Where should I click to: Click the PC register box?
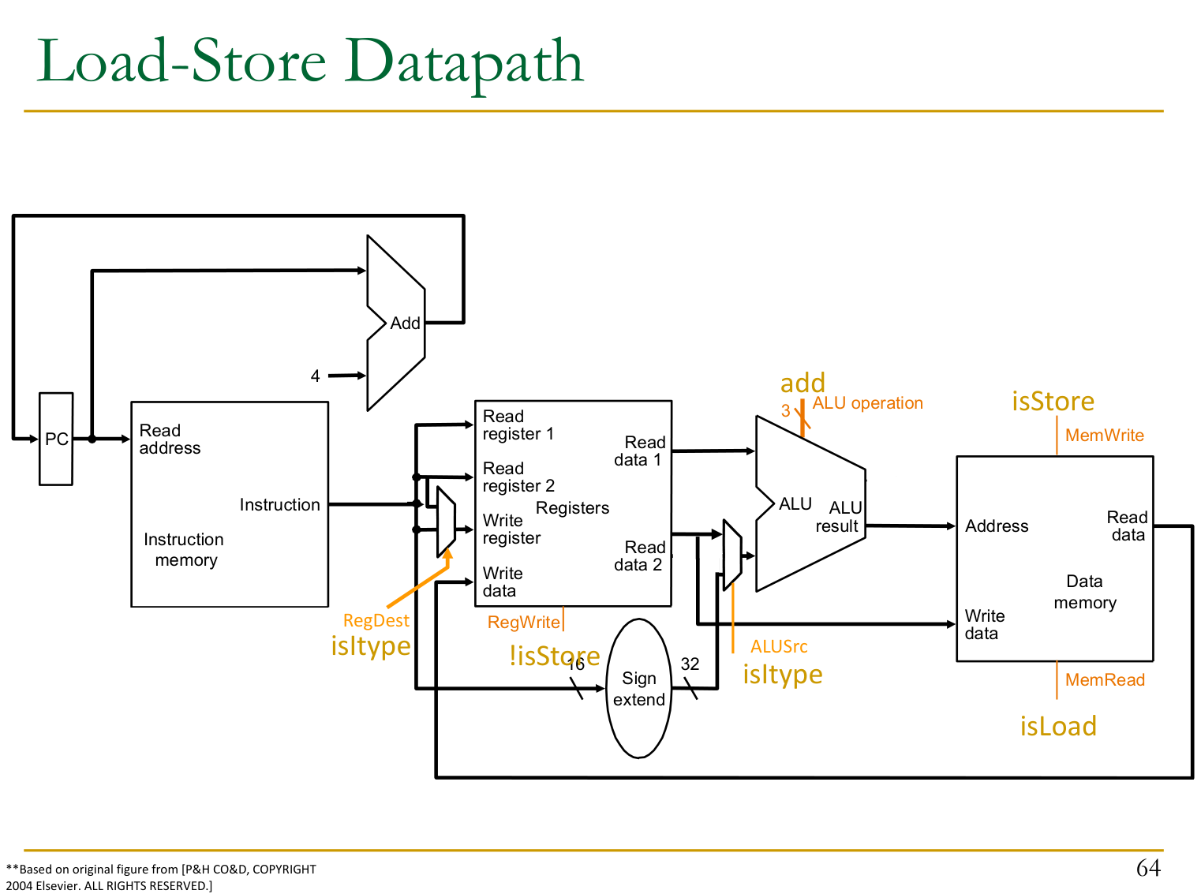tap(56, 439)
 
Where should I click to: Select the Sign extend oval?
tap(638, 689)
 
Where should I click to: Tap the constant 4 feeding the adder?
tap(316, 376)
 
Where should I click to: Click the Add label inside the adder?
tap(405, 324)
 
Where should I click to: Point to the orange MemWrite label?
tap(1104, 436)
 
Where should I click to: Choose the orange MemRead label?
tap(1105, 680)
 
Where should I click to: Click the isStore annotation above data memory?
tap(1053, 402)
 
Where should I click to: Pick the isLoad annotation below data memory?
tap(1058, 727)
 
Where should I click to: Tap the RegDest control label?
tap(376, 621)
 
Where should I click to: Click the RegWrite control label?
tap(524, 623)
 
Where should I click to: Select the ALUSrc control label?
tap(779, 647)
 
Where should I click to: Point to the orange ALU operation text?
tap(867, 403)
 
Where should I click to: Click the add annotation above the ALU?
tap(803, 383)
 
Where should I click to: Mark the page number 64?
tap(1148, 868)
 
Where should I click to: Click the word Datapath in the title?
tap(464, 62)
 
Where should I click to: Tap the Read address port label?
tap(170, 440)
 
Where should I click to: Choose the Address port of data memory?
tap(997, 526)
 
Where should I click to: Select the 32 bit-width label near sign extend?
tap(690, 664)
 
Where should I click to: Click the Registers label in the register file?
tap(572, 508)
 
